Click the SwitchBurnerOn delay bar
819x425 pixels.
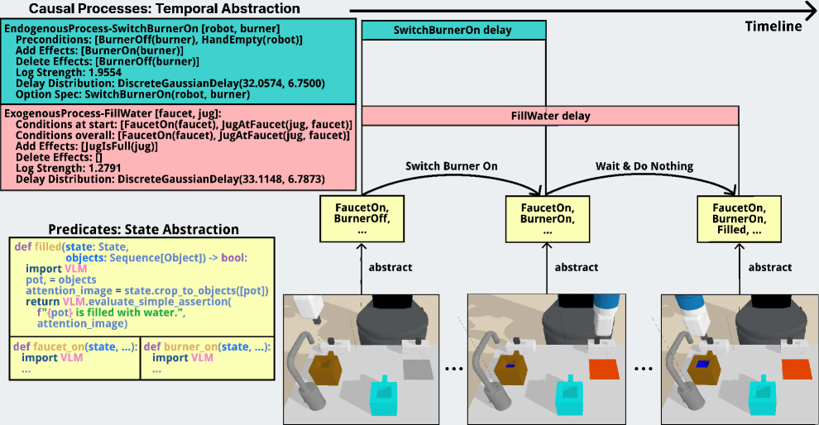pos(453,31)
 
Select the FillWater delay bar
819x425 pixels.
pos(550,116)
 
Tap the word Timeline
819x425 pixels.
pos(773,26)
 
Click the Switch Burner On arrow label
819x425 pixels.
pos(452,166)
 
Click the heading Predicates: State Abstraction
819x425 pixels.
pos(143,229)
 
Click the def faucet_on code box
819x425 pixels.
pos(74,358)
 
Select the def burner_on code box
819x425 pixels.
pos(208,358)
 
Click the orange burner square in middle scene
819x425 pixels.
pos(602,370)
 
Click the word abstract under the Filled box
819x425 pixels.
pos(769,267)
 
